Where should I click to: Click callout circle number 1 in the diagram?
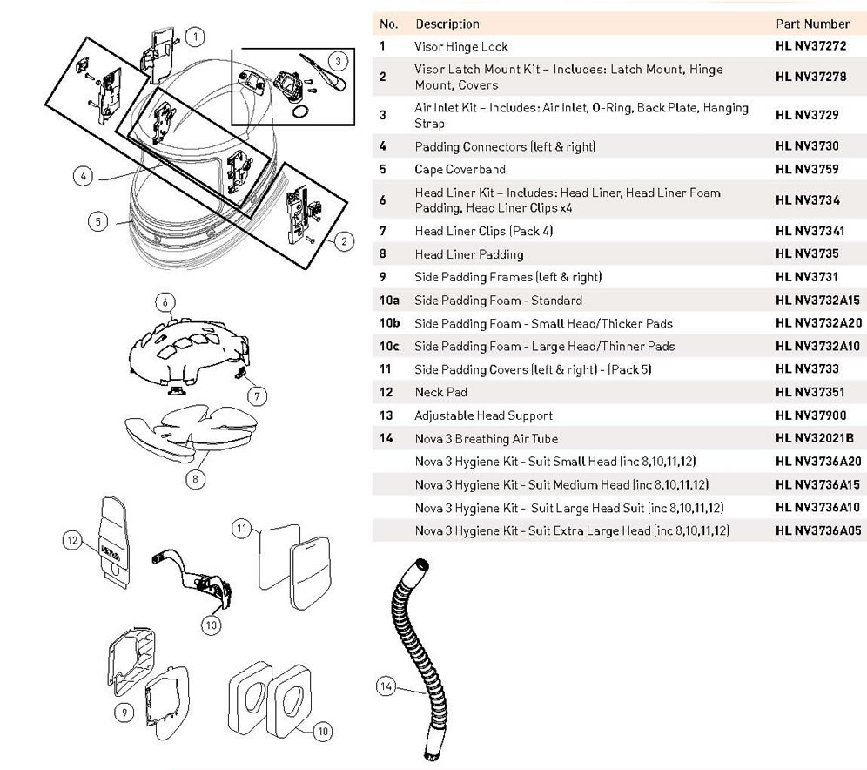197,37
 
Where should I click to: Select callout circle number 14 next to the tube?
385,687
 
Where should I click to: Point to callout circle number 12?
73,540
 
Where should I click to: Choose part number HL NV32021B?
814,438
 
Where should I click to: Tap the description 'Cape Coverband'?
460,169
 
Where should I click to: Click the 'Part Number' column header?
811,24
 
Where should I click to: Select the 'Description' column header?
447,24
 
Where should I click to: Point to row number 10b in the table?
389,323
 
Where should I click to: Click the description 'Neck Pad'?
440,392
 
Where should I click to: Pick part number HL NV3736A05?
819,530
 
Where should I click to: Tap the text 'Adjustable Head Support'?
483,415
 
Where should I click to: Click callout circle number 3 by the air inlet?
339,61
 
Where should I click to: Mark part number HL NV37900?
810,415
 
